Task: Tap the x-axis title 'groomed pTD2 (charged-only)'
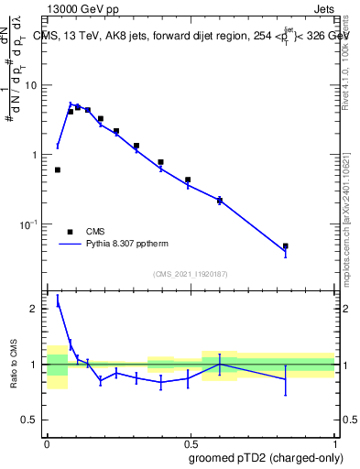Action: click(x=265, y=457)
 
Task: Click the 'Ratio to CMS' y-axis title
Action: click(x=15, y=366)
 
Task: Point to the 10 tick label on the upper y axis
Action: click(x=30, y=85)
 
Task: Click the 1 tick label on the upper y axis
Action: click(x=35, y=155)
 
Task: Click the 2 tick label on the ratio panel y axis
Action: click(x=35, y=309)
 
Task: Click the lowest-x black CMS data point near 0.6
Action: click(x=58, y=169)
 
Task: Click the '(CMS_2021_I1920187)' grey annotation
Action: click(x=190, y=273)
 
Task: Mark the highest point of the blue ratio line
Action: click(x=58, y=303)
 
